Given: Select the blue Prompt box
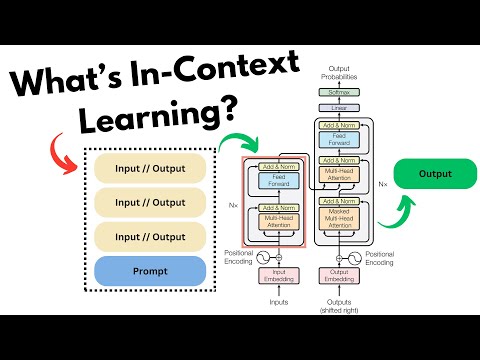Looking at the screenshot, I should click(x=148, y=270).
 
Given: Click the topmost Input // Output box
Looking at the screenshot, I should click(x=148, y=165).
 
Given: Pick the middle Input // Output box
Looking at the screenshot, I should click(x=148, y=200).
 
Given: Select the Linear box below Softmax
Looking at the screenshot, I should click(x=337, y=107).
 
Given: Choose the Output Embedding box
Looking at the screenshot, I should click(x=338, y=274).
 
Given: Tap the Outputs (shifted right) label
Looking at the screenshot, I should click(x=338, y=304).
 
